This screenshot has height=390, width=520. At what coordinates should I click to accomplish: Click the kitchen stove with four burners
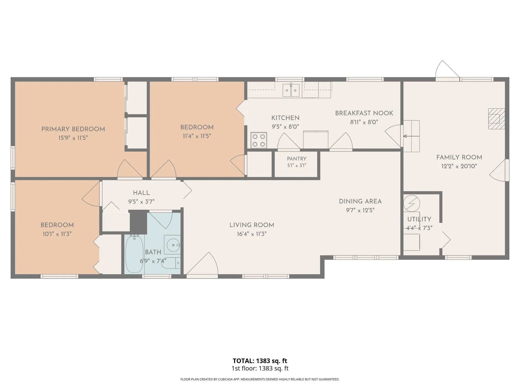point(259,140)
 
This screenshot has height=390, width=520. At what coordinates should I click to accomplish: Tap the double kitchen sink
point(291,90)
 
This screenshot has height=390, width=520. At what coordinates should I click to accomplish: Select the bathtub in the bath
point(134,254)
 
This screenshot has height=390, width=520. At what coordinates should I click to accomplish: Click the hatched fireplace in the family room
point(497,119)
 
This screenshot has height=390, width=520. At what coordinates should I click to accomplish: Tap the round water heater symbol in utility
point(412,203)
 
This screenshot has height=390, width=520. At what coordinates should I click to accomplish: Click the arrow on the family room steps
point(411,136)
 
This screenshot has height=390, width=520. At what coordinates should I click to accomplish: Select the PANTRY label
point(297,159)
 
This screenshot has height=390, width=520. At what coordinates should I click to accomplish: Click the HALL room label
point(141,193)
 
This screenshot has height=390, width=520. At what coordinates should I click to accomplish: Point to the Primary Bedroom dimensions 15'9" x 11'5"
point(73,138)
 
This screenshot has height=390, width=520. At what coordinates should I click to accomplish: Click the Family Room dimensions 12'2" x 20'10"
point(459,166)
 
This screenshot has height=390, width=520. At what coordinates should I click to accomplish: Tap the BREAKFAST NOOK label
point(364,113)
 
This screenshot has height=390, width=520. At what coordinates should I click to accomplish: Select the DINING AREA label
point(360,202)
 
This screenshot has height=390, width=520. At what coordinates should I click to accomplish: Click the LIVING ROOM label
point(252,225)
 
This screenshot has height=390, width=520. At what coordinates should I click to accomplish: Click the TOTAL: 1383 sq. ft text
point(260,361)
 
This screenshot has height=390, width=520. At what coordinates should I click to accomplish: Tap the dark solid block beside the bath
point(138,222)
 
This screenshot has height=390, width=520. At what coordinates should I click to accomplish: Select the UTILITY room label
point(419,219)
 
